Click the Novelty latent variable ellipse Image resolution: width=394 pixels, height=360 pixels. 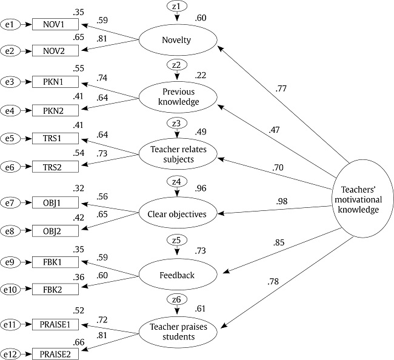(177, 40)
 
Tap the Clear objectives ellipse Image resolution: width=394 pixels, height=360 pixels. (177, 213)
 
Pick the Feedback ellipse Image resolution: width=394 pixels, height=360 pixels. (177, 276)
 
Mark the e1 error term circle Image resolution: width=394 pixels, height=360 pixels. (12, 25)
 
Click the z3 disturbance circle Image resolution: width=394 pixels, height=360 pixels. (176, 124)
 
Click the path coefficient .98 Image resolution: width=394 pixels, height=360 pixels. (283, 201)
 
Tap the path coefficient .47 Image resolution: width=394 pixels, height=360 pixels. (276, 129)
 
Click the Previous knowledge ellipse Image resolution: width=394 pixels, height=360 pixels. (177, 96)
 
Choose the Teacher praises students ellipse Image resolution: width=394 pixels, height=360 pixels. (177, 330)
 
